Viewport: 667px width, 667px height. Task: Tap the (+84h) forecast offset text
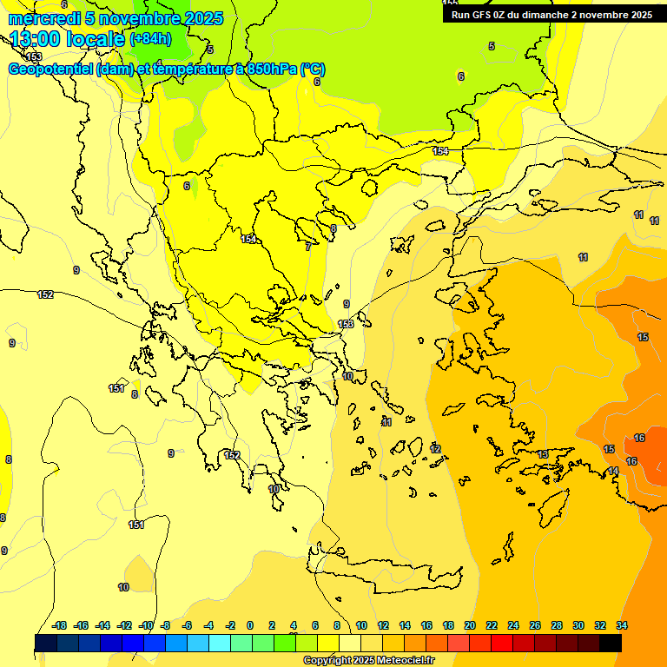click(x=150, y=39)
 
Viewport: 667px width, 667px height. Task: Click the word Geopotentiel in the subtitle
click(x=50, y=69)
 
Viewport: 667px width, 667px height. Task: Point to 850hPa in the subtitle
click(x=270, y=69)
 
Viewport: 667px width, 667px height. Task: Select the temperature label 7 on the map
click(x=308, y=247)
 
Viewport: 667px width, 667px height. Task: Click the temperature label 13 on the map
click(x=543, y=454)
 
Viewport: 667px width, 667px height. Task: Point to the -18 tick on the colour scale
click(x=60, y=625)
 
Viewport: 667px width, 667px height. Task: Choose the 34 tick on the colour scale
click(x=622, y=625)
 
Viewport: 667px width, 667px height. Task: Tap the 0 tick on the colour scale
click(x=250, y=625)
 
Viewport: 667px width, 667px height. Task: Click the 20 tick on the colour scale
click(x=470, y=625)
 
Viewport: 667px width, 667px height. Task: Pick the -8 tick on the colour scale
click(x=165, y=625)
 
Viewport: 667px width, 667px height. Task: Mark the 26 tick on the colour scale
click(x=535, y=625)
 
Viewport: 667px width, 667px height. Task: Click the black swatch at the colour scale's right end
click(x=611, y=643)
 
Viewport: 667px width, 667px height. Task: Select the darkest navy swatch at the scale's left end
click(x=46, y=643)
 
